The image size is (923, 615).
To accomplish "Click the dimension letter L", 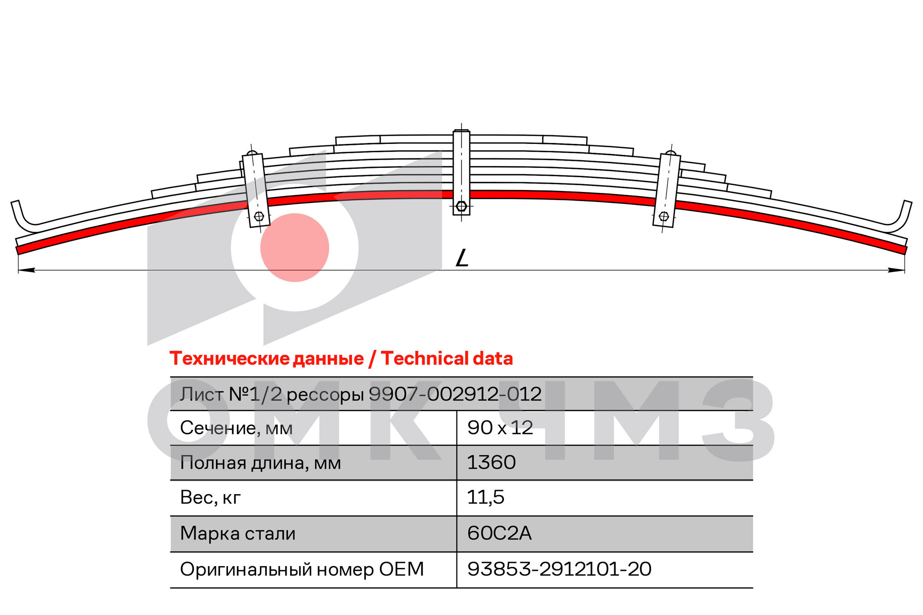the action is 462,258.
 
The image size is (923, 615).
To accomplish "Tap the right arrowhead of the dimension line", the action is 896,270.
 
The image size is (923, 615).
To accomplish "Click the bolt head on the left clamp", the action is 259,216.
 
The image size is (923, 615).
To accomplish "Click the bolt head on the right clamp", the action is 664,215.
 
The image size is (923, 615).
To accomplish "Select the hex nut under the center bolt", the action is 461,206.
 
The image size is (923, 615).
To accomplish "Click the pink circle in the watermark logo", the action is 294,247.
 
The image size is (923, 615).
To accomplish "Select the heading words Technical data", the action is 447,358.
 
